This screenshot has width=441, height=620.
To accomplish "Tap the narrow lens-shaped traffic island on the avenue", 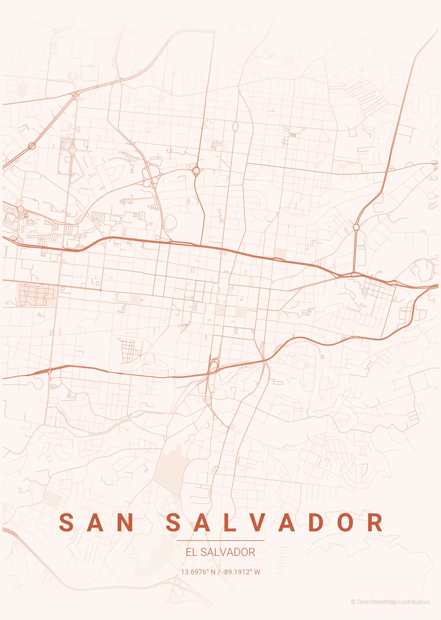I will tap(235, 126).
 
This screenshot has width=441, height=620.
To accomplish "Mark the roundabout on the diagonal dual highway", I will tap(32, 146).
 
